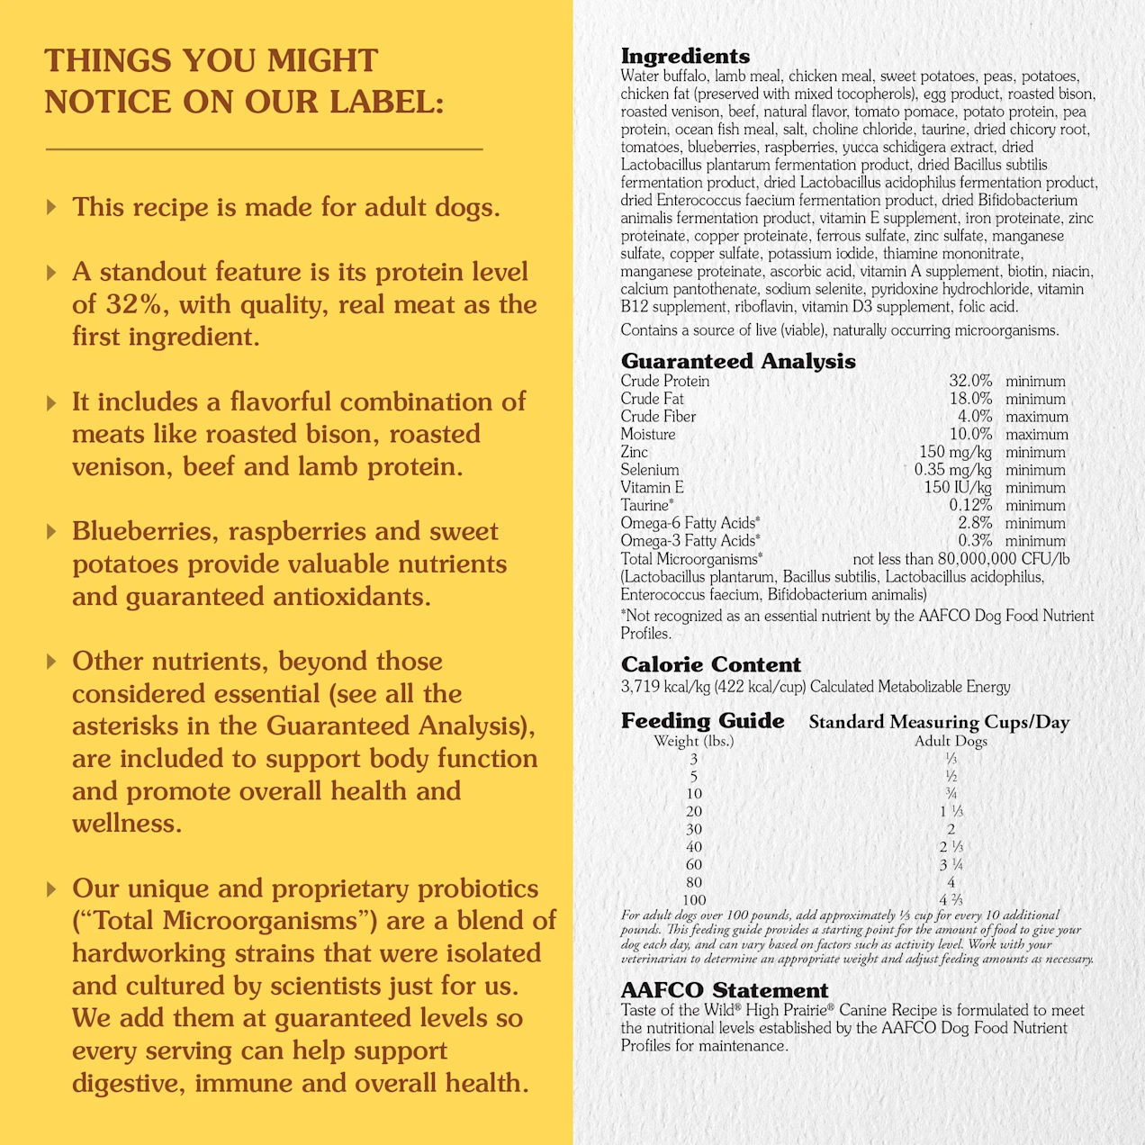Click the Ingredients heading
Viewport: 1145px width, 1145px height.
pos(685,57)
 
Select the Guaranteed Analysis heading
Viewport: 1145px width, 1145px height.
pos(738,361)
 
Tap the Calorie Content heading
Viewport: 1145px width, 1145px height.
pos(710,664)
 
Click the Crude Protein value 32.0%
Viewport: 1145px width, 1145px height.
pos(969,382)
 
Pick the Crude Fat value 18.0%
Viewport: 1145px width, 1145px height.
pos(969,399)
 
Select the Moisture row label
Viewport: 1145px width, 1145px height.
pos(647,434)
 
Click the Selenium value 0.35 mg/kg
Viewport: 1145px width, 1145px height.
pos(952,470)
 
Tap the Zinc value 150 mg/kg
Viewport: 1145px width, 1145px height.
pos(955,452)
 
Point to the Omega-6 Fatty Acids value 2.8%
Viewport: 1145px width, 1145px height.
pos(975,523)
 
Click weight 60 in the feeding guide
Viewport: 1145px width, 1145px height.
pos(694,865)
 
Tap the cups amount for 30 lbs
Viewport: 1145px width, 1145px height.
pos(951,829)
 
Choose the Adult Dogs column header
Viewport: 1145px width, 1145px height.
pos(951,741)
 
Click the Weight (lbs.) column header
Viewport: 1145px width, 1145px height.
pos(693,741)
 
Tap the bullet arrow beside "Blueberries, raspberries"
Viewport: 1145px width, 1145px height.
pos(51,532)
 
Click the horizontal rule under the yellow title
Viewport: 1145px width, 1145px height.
pos(264,149)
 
